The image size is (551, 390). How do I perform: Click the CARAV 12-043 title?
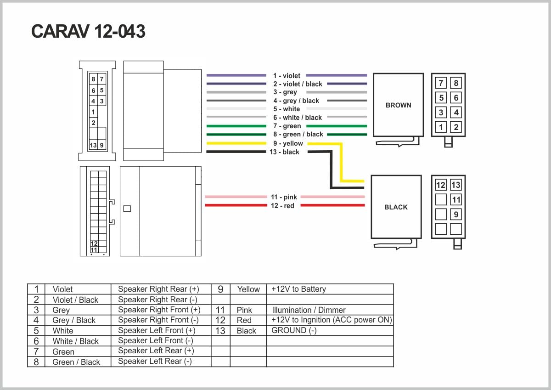(88, 32)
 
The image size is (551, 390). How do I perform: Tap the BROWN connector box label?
(398, 105)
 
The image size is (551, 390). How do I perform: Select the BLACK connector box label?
(396, 207)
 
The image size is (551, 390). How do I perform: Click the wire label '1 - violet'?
(287, 76)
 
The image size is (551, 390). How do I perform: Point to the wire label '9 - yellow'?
(287, 143)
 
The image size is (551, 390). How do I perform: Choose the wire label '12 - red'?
(282, 206)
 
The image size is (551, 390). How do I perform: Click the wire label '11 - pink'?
(284, 197)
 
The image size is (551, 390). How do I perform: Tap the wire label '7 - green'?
(287, 126)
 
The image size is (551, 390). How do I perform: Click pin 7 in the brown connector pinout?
(441, 83)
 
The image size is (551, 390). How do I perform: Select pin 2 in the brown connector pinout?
(456, 127)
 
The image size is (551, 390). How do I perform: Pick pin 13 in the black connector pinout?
(455, 185)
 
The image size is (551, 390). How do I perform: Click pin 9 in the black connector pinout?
(455, 215)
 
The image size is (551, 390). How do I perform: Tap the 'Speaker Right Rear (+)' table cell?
(158, 289)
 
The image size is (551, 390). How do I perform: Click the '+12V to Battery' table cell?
(298, 289)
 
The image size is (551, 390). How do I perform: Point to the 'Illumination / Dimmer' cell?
(309, 310)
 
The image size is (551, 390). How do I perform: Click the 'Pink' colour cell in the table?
(244, 310)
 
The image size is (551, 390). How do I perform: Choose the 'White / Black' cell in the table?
(76, 341)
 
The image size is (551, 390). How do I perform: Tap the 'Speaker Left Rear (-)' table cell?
(155, 361)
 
